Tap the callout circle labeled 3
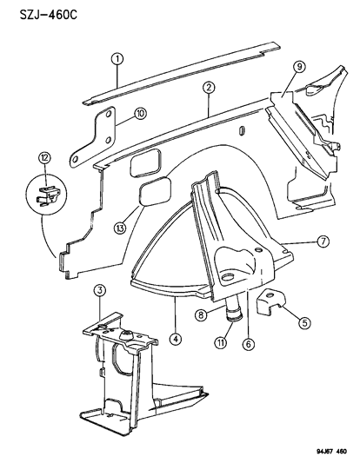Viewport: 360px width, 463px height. pos(100,289)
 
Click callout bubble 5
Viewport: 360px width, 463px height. pos(304,321)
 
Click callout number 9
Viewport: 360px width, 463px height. pos(298,68)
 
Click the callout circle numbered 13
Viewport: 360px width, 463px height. pos(121,228)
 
